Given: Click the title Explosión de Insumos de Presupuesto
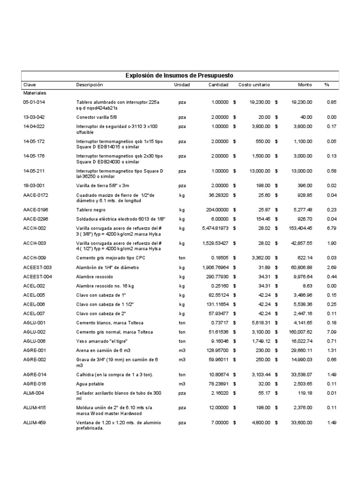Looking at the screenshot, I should click(x=180, y=75).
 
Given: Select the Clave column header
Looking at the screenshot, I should click(x=30, y=85).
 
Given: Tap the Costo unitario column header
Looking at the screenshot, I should click(x=254, y=85).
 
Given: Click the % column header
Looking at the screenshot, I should click(x=327, y=85).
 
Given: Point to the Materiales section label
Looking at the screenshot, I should click(x=35, y=93).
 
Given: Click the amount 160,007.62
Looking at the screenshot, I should click(x=299, y=332).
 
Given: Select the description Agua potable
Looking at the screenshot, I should click(x=91, y=383).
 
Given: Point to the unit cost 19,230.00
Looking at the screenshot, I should click(x=260, y=102).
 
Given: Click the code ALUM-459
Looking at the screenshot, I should click(x=36, y=422).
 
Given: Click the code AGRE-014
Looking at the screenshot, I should click(x=36, y=375).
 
